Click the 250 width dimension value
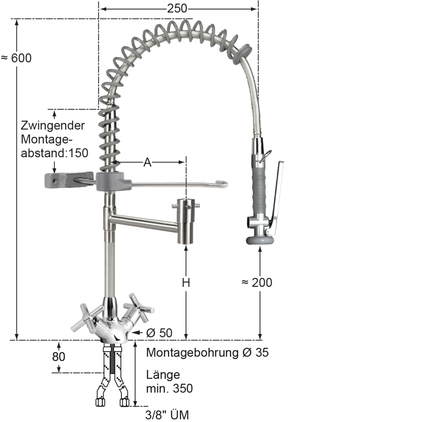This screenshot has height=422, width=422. click(x=177, y=8)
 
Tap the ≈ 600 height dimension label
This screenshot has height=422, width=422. click(x=17, y=58)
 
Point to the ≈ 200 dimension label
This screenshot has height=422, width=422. click(x=257, y=282)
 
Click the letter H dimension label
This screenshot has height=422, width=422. click(x=186, y=282)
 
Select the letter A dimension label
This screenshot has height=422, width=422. click(x=148, y=162)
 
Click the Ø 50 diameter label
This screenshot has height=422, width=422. click(x=159, y=333)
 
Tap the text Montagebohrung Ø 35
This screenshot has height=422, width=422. click(x=207, y=352)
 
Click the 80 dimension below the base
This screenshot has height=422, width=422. click(x=59, y=357)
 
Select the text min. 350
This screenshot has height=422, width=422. click(x=170, y=389)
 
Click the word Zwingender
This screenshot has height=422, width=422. click(x=53, y=126)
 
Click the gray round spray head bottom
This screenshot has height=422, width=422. click(x=259, y=241)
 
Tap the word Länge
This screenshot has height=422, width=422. click(x=163, y=375)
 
